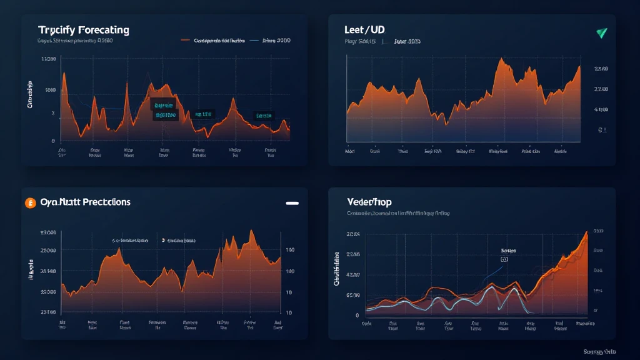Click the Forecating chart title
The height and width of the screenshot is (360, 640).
pyautogui.click(x=83, y=30)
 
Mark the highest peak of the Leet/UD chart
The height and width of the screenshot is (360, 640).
pyautogui.click(x=501, y=59)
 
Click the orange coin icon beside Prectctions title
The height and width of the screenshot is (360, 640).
pyautogui.click(x=29, y=202)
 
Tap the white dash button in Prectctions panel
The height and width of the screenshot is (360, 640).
pyautogui.click(x=291, y=203)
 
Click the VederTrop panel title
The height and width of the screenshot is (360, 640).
pyautogui.click(x=373, y=202)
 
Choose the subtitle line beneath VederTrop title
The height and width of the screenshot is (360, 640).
pyautogui.click(x=398, y=213)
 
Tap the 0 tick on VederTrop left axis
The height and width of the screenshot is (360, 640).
pyautogui.click(x=356, y=315)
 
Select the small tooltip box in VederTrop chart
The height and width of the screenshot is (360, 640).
pyautogui.click(x=504, y=258)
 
